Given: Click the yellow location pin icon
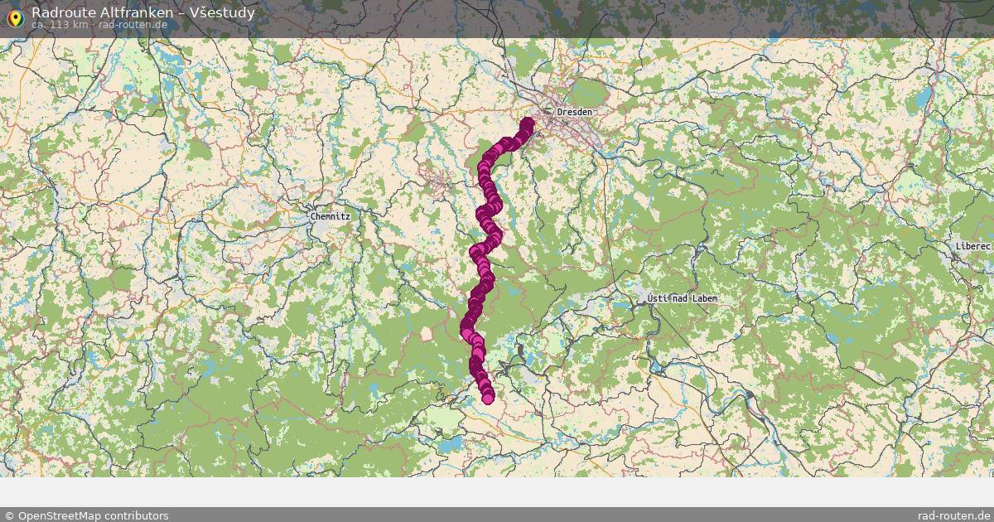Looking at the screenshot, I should (14, 17).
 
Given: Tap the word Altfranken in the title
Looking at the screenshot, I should (133, 12).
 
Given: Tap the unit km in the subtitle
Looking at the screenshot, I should (80, 24).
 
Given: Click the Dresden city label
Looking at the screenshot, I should (575, 112).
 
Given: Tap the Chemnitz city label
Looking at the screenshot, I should (331, 216).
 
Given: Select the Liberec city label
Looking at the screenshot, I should (972, 247).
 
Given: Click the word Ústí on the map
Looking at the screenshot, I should (659, 298).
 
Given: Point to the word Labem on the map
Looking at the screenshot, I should (702, 298).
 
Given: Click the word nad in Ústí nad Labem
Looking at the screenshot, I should (679, 298).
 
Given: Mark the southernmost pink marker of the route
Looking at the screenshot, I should (488, 398).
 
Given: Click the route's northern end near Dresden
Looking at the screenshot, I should (528, 124).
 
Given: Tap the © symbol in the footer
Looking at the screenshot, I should (9, 515).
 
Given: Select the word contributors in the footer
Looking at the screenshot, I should (139, 515).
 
